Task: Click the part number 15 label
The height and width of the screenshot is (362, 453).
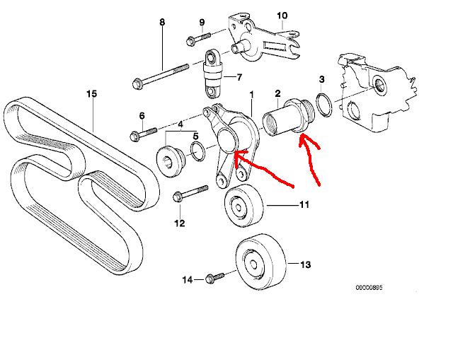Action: (91, 93)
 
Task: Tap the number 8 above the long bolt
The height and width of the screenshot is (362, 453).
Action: (161, 22)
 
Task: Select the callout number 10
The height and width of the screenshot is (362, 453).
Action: (282, 15)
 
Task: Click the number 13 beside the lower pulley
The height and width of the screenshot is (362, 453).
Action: (306, 266)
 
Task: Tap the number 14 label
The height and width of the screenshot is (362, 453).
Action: (187, 280)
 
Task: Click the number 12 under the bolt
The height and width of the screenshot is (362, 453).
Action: (179, 223)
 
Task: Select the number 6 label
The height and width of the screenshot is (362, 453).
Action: (142, 116)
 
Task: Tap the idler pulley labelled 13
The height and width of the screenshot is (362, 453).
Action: (258, 263)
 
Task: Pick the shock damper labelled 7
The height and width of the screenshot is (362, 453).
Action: (212, 73)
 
